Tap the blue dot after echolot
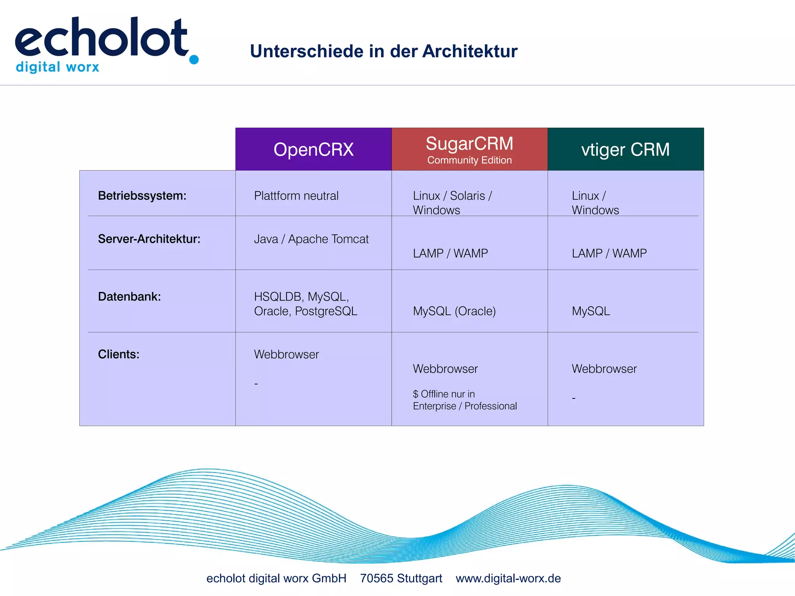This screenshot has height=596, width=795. tap(194, 59)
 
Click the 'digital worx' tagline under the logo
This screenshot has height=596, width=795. tap(57, 67)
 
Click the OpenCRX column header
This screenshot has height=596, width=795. tap(313, 149)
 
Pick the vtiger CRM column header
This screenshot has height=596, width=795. tap(625, 149)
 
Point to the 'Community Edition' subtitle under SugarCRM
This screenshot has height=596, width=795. tap(469, 160)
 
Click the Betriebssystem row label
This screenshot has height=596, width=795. tap(142, 196)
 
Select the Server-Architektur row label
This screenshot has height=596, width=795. tap(149, 239)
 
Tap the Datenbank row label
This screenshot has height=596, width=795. tap(129, 297)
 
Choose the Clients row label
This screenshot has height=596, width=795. tap(118, 354)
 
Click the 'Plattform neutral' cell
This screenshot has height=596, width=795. tap(296, 196)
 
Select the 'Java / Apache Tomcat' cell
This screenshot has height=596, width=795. tap(311, 239)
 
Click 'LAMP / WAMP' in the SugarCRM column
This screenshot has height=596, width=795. tap(450, 254)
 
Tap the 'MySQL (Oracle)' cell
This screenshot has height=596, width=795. tap(454, 311)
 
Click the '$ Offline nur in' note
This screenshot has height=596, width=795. tap(444, 394)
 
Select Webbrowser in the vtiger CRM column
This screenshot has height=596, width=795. tap(604, 369)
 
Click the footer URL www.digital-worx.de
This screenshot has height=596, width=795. tap(508, 578)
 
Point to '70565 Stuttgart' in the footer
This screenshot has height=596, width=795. tap(401, 578)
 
